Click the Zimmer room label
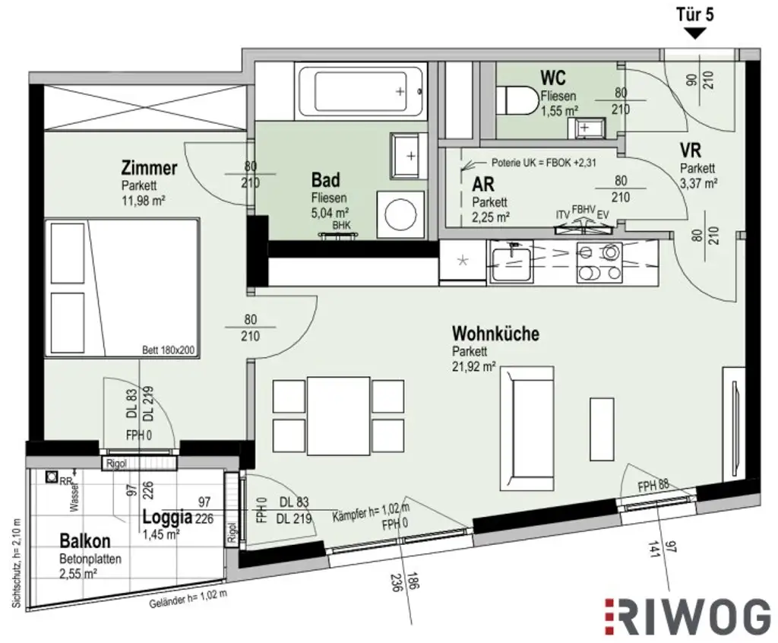pyautogui.click(x=149, y=168)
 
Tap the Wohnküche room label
pyautogui.click(x=495, y=334)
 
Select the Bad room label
pyautogui.click(x=325, y=180)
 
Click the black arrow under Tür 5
pyautogui.click(x=695, y=33)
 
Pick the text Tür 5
pyautogui.click(x=695, y=13)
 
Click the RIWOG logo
pyautogui.click(x=688, y=616)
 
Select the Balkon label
pyautogui.click(x=85, y=541)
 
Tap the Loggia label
pyautogui.click(x=167, y=518)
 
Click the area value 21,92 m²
pyautogui.click(x=474, y=366)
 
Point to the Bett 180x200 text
pyautogui.click(x=169, y=350)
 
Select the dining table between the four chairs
pyautogui.click(x=339, y=415)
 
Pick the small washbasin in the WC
pyautogui.click(x=585, y=128)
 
